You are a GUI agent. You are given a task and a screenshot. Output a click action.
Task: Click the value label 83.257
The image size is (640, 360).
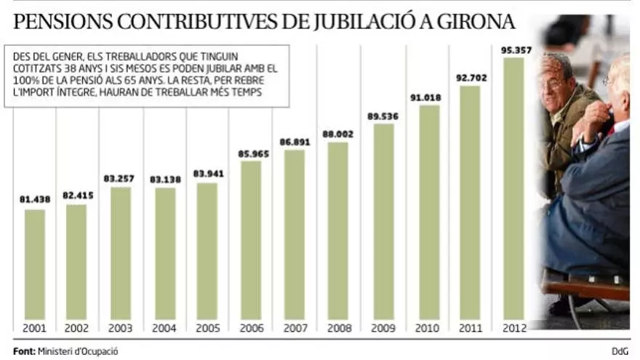[121, 178]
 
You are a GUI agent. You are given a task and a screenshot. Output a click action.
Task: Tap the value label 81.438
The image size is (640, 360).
[34, 200]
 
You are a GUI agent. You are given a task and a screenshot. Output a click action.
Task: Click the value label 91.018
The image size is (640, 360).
[428, 96]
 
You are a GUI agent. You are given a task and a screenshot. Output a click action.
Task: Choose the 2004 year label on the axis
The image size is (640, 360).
[165, 328]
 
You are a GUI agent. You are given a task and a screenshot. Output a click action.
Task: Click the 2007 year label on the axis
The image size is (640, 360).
[295, 328]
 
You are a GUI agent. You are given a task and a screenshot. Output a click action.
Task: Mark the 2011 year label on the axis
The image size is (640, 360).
[470, 328]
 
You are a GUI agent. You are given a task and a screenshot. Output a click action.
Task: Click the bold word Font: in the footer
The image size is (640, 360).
[24, 351]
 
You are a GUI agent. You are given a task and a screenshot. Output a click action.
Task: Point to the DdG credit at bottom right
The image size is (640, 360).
[619, 351]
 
